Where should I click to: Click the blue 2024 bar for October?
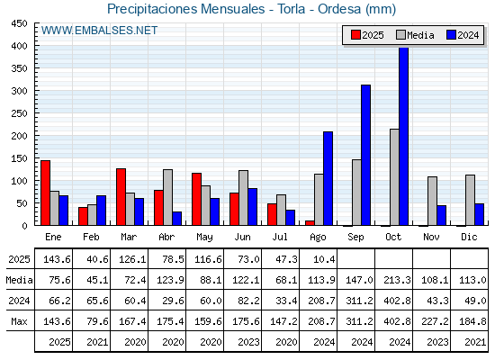pyautogui.click(x=403, y=136)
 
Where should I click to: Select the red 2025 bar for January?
pyautogui.click(x=45, y=193)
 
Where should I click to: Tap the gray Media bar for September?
pyautogui.click(x=356, y=193)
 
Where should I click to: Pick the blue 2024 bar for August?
pyautogui.click(x=328, y=178)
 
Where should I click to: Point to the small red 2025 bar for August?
pyautogui.click(x=310, y=223)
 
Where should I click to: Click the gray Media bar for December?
pyautogui.click(x=470, y=200)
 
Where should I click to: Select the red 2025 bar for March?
pyautogui.click(x=121, y=197)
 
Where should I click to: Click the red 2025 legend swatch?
pyautogui.click(x=355, y=35)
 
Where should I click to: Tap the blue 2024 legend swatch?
pyautogui.click(x=451, y=35)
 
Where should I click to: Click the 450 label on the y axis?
pyautogui.click(x=19, y=23)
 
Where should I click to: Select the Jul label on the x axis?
pyautogui.click(x=280, y=237)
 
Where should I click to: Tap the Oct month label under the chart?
pyautogui.click(x=393, y=237)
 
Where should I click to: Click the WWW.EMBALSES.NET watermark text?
pyautogui.click(x=99, y=31)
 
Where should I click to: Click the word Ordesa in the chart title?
pyautogui.click(x=339, y=9)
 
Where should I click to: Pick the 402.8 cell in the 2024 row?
pyautogui.click(x=397, y=301)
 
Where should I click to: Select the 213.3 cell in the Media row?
pyautogui.click(x=397, y=280)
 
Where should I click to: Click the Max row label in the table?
pyautogui.click(x=19, y=321)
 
